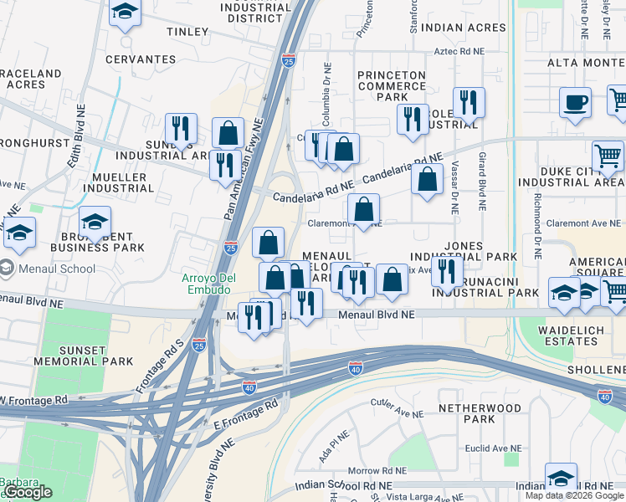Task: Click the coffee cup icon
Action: click(x=575, y=103)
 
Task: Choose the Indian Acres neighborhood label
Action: click(x=464, y=28)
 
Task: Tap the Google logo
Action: click(x=28, y=492)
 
